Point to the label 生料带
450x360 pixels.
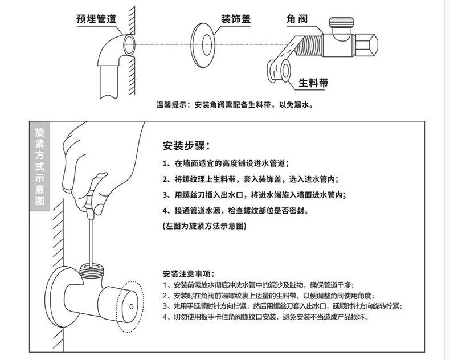click(314, 83)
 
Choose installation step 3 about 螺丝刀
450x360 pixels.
click(253, 194)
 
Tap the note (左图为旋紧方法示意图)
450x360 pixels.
click(204, 226)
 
